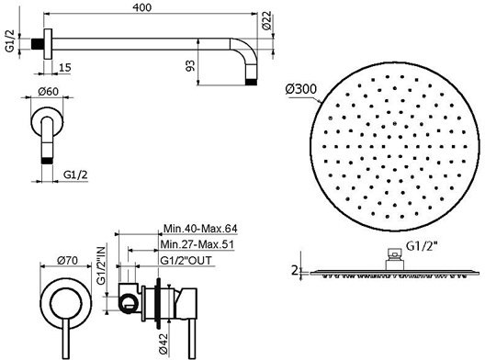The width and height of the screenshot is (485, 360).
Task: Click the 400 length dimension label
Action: [x=142, y=7]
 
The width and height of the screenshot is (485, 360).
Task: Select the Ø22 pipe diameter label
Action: [x=266, y=21]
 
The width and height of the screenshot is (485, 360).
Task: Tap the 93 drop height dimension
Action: [x=190, y=65]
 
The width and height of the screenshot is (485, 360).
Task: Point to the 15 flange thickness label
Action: [x=64, y=67]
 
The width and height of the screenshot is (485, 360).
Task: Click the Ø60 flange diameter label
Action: [x=49, y=92]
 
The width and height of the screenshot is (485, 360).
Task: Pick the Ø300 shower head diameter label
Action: [x=301, y=89]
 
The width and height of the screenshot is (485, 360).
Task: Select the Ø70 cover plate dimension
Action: [x=67, y=261]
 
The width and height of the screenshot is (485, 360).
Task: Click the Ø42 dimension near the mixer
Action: [x=164, y=343]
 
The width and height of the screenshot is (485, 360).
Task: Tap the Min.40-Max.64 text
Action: [x=200, y=229]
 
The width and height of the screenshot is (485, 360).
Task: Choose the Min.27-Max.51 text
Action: [x=197, y=244]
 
